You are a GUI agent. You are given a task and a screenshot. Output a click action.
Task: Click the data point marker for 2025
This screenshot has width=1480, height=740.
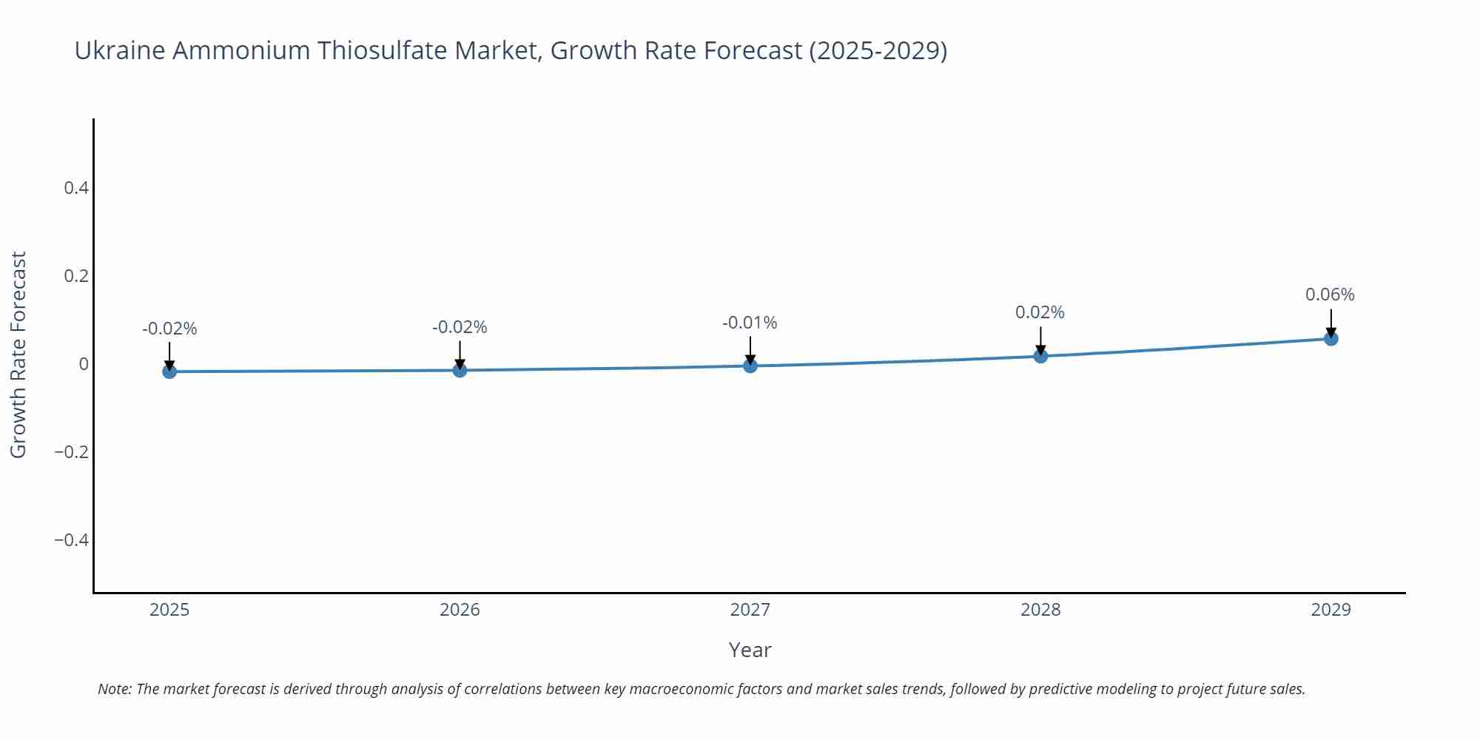(169, 371)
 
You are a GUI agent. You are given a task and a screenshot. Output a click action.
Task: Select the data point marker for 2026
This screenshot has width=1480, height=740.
(460, 370)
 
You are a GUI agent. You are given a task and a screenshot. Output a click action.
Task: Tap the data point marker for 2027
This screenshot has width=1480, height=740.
(750, 366)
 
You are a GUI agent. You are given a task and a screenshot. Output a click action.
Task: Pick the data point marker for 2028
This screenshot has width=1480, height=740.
(1040, 356)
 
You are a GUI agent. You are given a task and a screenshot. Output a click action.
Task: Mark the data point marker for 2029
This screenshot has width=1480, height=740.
(1331, 339)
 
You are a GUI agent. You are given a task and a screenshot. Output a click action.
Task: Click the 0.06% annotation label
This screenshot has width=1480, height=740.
(1330, 295)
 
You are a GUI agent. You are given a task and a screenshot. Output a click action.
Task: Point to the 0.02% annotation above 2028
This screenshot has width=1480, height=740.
(1040, 312)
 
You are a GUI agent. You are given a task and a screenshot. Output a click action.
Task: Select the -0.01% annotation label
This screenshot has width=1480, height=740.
(750, 323)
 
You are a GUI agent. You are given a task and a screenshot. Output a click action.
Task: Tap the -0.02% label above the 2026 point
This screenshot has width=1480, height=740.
(460, 327)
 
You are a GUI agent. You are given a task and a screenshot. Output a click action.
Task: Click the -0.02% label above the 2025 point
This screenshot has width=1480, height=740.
(169, 329)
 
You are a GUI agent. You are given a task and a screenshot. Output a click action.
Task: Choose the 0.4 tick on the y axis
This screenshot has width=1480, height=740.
(76, 188)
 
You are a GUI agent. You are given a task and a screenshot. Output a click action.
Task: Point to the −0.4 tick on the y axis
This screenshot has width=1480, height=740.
(71, 540)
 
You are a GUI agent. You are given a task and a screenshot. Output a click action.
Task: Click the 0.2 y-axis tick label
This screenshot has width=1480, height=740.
(76, 276)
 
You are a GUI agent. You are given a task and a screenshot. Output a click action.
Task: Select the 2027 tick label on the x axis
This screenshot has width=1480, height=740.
(750, 610)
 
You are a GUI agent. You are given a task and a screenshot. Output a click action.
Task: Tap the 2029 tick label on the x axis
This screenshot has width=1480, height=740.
(1331, 610)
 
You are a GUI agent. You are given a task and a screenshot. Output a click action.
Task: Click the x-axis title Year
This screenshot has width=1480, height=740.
(750, 650)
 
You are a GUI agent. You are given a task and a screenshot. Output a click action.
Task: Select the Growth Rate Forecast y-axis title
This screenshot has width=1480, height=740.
(18, 354)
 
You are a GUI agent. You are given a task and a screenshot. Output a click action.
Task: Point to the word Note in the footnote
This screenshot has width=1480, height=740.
(114, 689)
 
